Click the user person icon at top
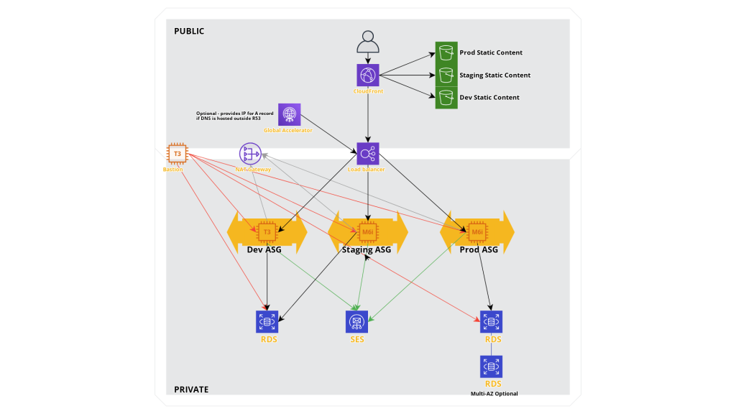[368, 42]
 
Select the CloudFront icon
[368, 75]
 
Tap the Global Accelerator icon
[289, 114]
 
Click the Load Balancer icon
[368, 153]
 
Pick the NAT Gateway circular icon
[250, 154]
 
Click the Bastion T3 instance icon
[177, 154]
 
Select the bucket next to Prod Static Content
[446, 52]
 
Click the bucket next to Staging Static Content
[446, 75]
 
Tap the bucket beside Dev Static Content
[446, 97]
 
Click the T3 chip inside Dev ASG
[267, 232]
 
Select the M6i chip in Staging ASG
[367, 232]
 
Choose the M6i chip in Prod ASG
[477, 232]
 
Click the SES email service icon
[356, 321]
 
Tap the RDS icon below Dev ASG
[267, 321]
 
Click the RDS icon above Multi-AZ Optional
[491, 367]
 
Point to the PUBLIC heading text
[189, 31]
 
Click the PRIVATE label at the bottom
[191, 390]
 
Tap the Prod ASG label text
[479, 250]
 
